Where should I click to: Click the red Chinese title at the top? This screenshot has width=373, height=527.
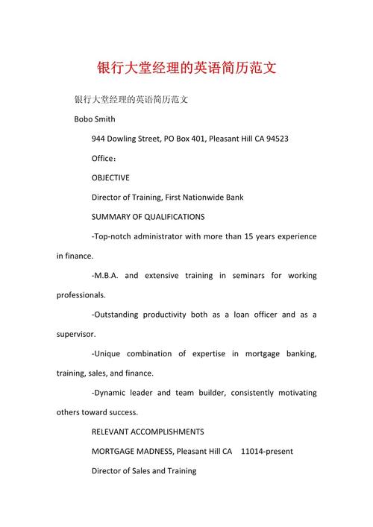click(x=186, y=68)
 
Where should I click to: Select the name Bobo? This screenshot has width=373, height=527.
click(x=84, y=119)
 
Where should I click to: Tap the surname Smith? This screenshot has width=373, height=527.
click(x=105, y=119)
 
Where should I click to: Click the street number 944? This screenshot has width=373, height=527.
click(x=98, y=139)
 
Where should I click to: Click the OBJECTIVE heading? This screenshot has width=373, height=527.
click(x=110, y=178)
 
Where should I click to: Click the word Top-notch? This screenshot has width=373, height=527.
click(x=114, y=236)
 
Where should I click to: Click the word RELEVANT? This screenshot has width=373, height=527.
click(x=111, y=432)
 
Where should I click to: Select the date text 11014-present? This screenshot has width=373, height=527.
click(x=268, y=451)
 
